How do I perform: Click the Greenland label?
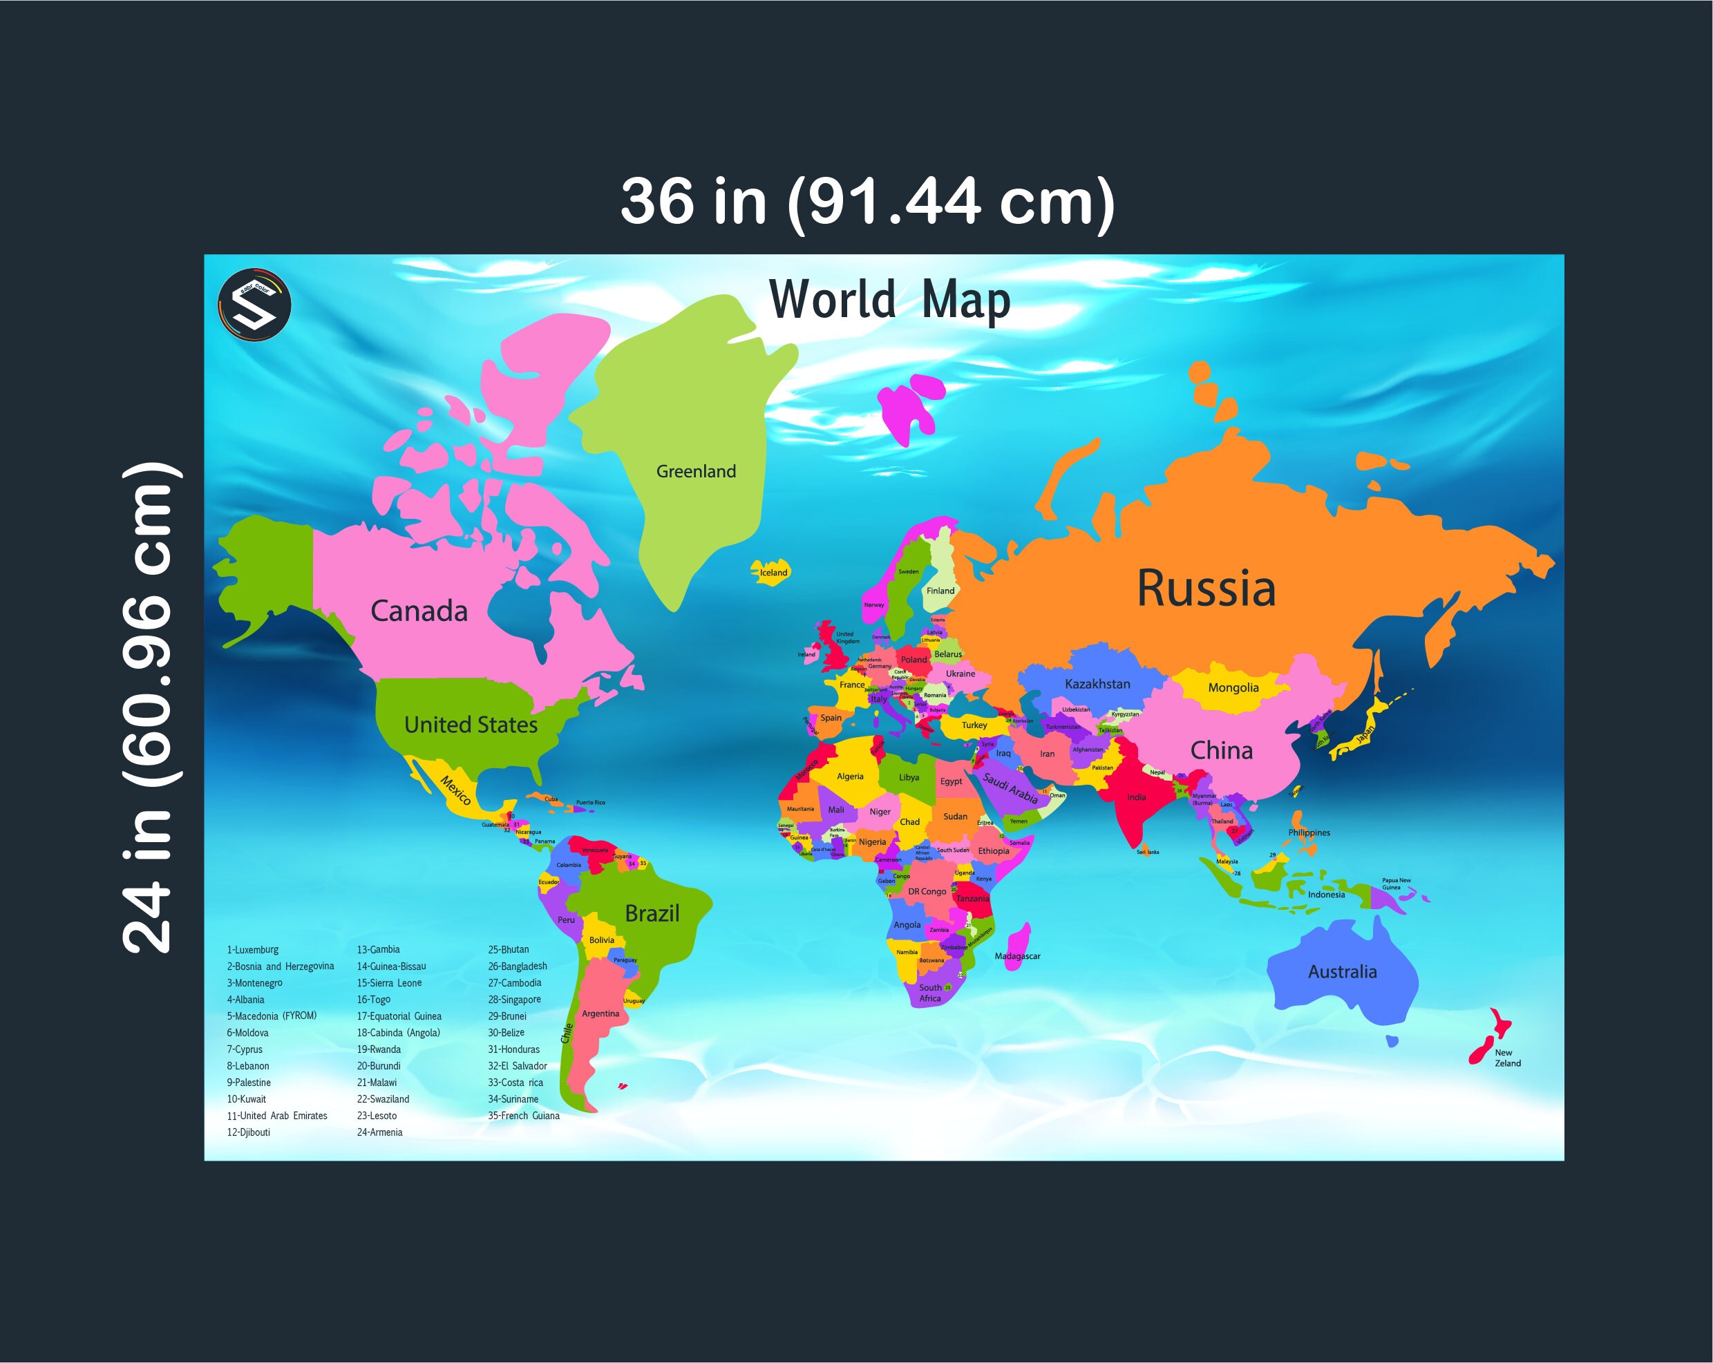tap(696, 471)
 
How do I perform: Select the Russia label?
tap(1206, 589)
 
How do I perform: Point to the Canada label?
tap(419, 611)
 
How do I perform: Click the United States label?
tap(471, 725)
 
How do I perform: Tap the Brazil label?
tap(652, 913)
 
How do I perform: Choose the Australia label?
tap(1342, 971)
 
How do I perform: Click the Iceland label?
tap(773, 573)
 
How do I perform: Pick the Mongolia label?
tap(1233, 688)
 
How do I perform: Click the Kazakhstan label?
tap(1097, 684)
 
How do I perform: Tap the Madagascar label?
tap(1017, 956)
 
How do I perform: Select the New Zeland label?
tap(1507, 1058)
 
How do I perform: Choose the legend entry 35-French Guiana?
tap(524, 1116)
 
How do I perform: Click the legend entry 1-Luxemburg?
tap(253, 950)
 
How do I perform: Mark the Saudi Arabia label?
tap(1010, 787)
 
